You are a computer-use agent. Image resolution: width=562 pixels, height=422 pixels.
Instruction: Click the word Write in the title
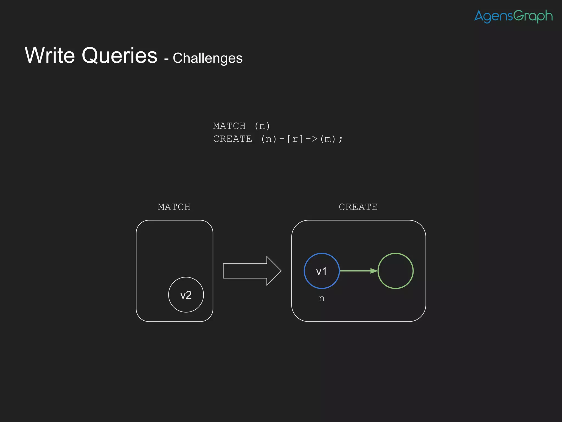pyautogui.click(x=50, y=55)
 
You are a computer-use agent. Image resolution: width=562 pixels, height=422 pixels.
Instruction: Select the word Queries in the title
pyautogui.click(x=119, y=56)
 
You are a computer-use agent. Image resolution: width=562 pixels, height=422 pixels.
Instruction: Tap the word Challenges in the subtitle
pyautogui.click(x=207, y=58)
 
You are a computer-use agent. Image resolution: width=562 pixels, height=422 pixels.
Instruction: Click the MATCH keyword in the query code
pyautogui.click(x=229, y=126)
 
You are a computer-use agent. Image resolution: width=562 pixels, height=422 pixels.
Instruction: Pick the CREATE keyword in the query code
pyautogui.click(x=232, y=139)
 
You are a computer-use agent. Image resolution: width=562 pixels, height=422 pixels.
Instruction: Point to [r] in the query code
pyautogui.click(x=295, y=139)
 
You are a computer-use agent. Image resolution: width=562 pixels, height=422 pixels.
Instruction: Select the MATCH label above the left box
pyautogui.click(x=174, y=207)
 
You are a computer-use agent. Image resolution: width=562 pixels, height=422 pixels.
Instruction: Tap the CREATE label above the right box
pyautogui.click(x=358, y=207)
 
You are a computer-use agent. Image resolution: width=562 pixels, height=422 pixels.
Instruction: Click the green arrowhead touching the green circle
pyautogui.click(x=374, y=271)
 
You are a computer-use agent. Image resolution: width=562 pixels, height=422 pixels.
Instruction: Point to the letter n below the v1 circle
pyautogui.click(x=322, y=299)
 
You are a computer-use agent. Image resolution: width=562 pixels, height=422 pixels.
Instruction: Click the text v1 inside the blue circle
pyautogui.click(x=322, y=271)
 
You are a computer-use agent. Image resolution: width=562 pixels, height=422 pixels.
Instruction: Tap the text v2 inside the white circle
pyautogui.click(x=186, y=295)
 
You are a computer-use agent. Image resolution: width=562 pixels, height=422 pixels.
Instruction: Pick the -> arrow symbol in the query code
pyautogui.click(x=311, y=139)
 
